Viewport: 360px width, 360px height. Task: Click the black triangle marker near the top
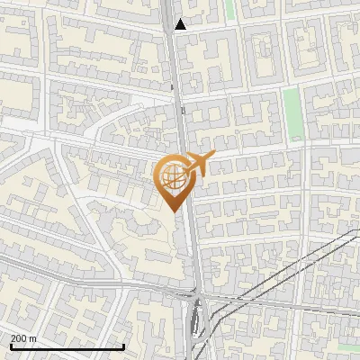(x=181, y=24)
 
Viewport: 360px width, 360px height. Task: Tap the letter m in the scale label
(x=33, y=338)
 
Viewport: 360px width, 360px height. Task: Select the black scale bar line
(x=67, y=346)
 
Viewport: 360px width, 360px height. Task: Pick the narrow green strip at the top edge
(x=229, y=10)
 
